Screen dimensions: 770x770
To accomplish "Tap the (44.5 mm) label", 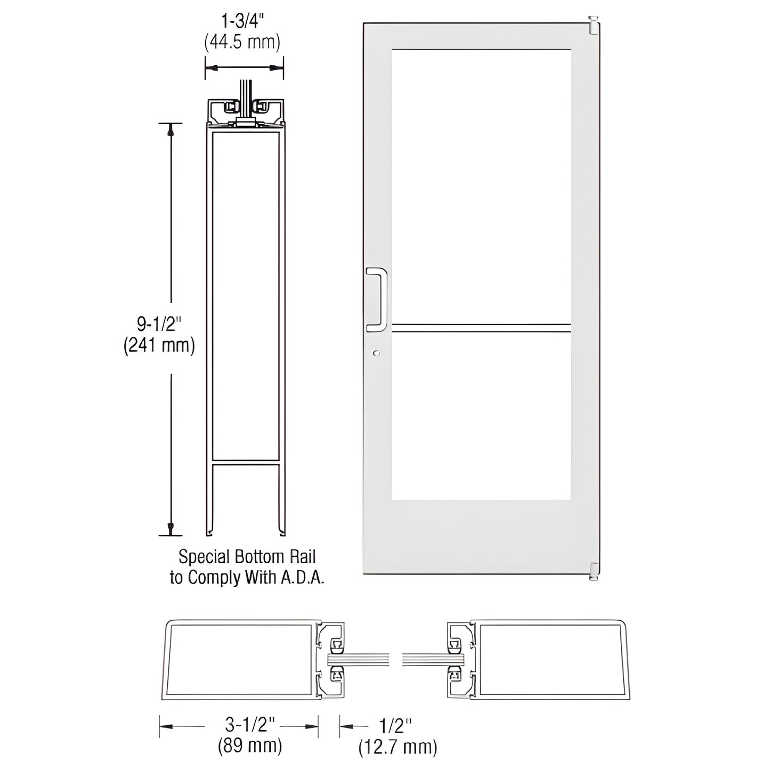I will pos(242,42).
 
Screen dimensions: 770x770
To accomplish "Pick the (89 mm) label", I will pos(249,745).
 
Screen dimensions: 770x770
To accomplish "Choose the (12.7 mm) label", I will pos(398,747).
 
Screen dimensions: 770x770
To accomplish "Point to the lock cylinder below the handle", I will pos(377,353).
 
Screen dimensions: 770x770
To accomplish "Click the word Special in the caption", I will pos(203,557).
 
